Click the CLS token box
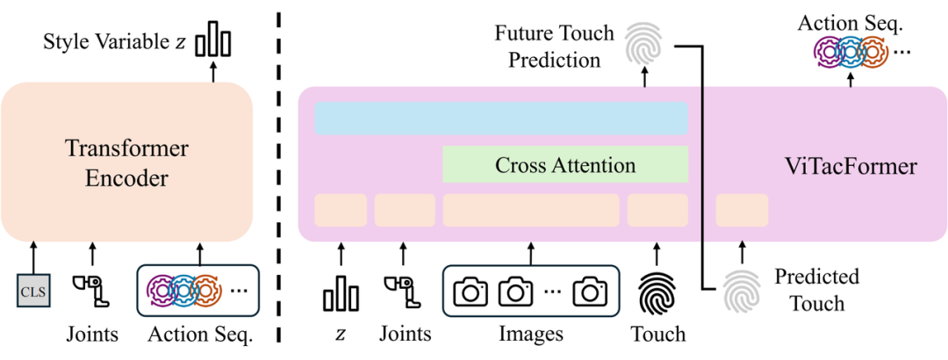(32, 288)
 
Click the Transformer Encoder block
(126, 163)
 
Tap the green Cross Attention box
(565, 164)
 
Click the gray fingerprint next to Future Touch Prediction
(645, 45)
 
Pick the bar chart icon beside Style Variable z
(212, 40)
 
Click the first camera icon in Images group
(470, 292)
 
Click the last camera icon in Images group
(590, 292)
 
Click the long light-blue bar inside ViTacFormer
(500, 119)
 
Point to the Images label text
(531, 335)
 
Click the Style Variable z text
(114, 41)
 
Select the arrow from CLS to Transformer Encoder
(32, 256)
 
